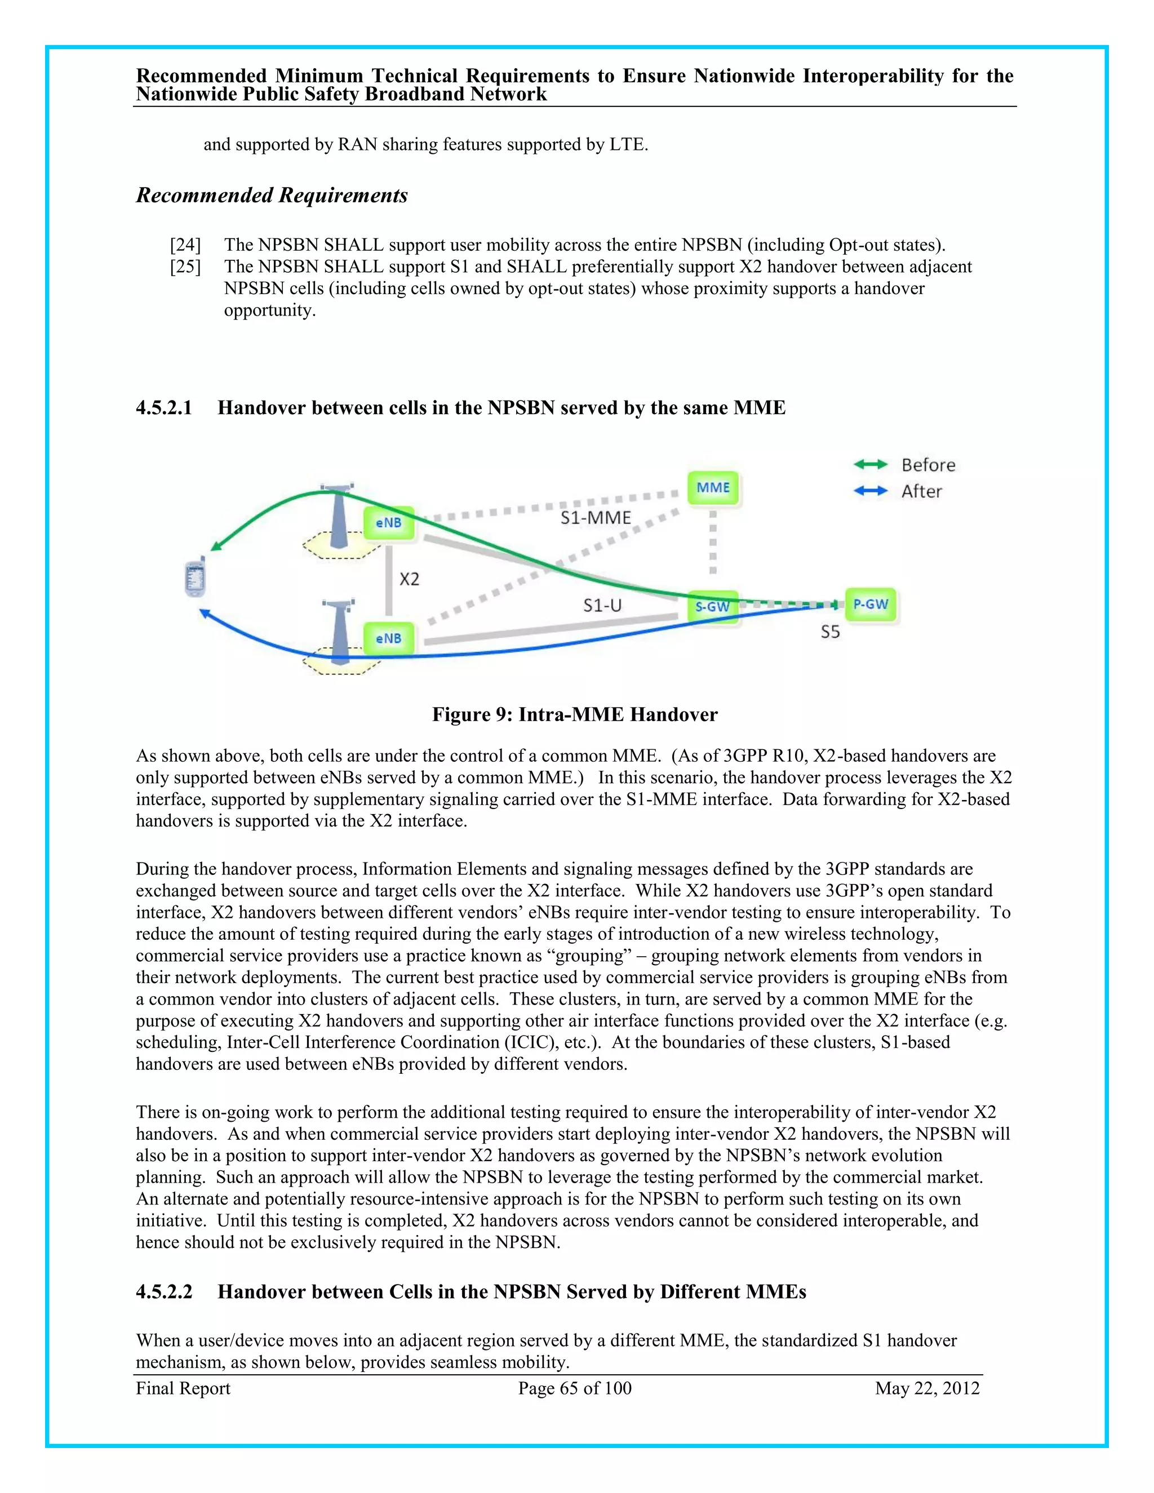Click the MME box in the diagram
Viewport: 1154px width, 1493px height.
tap(713, 487)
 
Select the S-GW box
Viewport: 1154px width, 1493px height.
tap(712, 606)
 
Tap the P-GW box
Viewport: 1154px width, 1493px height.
tap(870, 605)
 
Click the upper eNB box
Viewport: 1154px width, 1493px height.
tap(388, 523)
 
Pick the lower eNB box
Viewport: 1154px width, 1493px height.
tap(388, 638)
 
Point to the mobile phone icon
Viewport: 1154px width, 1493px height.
tap(196, 577)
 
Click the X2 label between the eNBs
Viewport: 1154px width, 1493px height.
tap(410, 580)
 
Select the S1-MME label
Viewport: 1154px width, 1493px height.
tap(596, 518)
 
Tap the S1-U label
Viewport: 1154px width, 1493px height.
tap(602, 605)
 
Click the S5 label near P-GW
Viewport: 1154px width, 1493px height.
tap(830, 632)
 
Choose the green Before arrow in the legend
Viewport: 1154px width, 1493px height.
tap(870, 465)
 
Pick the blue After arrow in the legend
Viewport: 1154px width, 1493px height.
tap(870, 491)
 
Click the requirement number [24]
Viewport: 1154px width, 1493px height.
tap(185, 245)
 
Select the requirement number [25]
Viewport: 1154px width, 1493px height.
tap(185, 266)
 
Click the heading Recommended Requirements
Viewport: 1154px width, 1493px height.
tap(272, 195)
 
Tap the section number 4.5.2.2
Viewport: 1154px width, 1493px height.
tap(164, 1291)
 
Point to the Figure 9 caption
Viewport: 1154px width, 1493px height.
tap(574, 714)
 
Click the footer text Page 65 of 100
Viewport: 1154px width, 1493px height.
tap(574, 1388)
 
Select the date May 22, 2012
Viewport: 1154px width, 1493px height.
tap(927, 1388)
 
